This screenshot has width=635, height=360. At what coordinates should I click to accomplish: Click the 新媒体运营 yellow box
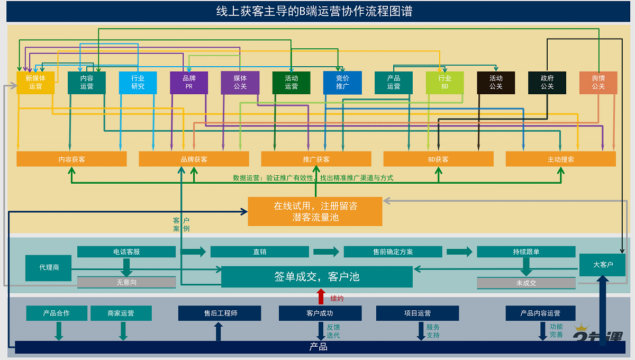point(35,83)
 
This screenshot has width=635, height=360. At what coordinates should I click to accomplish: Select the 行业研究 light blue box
point(138,83)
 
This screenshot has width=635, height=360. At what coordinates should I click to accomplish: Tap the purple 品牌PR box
point(189,83)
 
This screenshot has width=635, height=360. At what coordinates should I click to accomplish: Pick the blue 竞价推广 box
point(342,83)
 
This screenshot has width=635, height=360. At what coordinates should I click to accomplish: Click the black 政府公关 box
point(547,83)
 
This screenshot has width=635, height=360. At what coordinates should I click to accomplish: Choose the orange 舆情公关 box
point(598,83)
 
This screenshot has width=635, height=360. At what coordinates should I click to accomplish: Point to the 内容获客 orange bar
point(71,159)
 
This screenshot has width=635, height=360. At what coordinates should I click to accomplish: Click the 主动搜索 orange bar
point(560,159)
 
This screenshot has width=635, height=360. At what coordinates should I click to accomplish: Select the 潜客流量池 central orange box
point(315,211)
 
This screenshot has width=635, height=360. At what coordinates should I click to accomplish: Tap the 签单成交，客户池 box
point(316,277)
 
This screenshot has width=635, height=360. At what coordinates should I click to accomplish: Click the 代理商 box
point(49,268)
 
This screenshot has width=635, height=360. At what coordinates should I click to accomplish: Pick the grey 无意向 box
point(126,283)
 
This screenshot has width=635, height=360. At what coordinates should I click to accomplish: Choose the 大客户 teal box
point(602,265)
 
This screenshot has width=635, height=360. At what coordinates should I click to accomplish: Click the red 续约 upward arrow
point(321,296)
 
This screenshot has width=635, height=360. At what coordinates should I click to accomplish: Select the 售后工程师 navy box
point(220,313)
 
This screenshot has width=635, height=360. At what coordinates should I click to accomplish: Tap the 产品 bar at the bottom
point(317,347)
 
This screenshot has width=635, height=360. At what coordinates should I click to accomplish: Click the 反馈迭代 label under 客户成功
point(333,331)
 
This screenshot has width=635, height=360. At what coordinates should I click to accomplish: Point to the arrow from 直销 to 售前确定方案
point(325,251)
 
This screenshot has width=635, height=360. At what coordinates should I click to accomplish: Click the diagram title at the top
point(315,11)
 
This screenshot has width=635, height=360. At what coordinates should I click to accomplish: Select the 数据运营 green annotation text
point(313,178)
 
